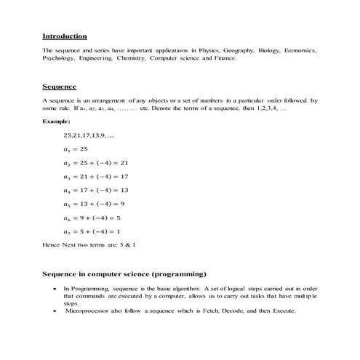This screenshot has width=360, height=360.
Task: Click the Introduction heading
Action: [x=65, y=36]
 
